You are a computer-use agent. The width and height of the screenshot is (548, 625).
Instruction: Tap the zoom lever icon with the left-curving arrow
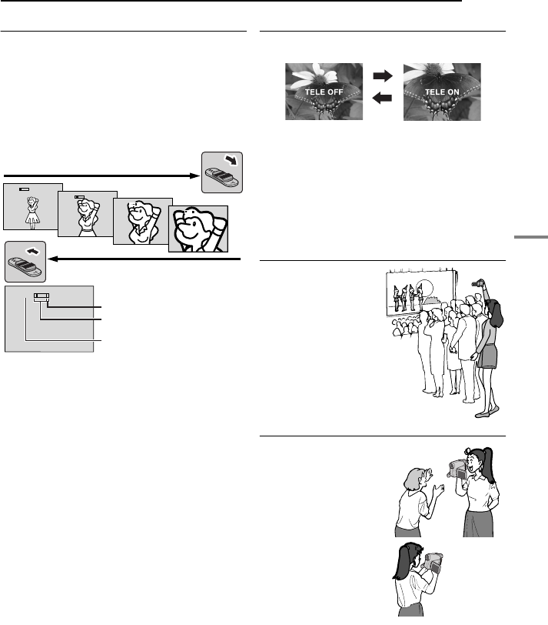pyautogui.click(x=25, y=261)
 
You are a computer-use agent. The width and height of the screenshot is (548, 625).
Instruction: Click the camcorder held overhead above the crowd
pyautogui.click(x=480, y=285)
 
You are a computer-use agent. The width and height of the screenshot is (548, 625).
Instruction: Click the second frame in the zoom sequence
pyautogui.click(x=87, y=216)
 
